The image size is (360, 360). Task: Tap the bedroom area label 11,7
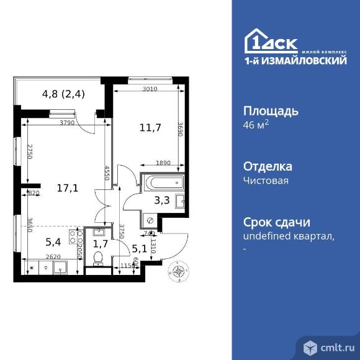coord(151,128)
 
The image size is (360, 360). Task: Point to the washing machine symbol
coord(150,220)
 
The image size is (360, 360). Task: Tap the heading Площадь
coord(270,112)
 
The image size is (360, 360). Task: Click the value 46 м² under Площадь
coord(255,126)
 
